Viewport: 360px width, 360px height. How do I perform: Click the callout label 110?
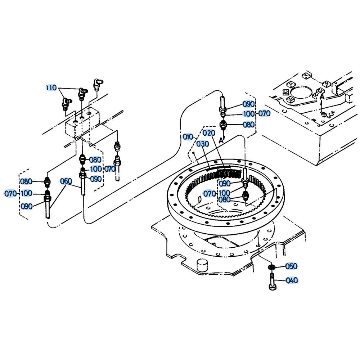(x=51, y=87)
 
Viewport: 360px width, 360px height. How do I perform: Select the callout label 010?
(x=188, y=137)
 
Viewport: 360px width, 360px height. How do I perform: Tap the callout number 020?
(x=209, y=133)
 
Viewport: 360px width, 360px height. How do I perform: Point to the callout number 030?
(x=203, y=144)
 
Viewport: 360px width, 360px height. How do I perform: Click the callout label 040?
(x=292, y=280)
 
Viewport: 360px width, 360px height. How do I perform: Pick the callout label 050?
(x=291, y=266)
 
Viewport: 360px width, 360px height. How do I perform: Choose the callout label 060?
(x=66, y=181)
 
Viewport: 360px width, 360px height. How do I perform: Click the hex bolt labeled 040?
(x=272, y=282)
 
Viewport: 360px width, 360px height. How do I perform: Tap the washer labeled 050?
(x=271, y=267)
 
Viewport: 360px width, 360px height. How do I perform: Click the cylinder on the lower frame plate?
(x=202, y=265)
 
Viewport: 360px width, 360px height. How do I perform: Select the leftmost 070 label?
(x=11, y=194)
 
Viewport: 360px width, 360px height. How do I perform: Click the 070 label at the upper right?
(x=265, y=113)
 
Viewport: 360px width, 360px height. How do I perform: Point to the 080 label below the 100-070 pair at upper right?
(x=249, y=125)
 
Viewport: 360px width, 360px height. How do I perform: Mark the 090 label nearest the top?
(x=249, y=104)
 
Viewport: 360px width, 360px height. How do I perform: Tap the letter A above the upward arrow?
(x=322, y=96)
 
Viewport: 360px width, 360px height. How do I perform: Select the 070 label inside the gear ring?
(x=210, y=194)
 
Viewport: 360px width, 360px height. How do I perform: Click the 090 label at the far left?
(x=27, y=206)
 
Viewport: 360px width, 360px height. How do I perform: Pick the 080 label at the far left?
(x=26, y=181)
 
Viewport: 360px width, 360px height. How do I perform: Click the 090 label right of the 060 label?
(x=95, y=179)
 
